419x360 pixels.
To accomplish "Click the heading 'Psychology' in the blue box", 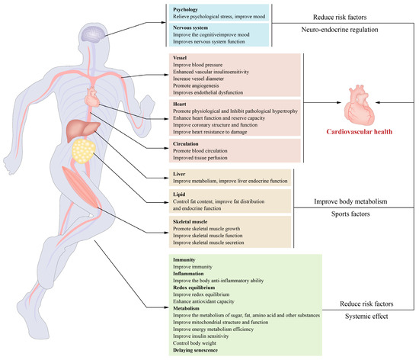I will [x=187, y=10].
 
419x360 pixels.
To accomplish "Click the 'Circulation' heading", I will [x=190, y=143].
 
